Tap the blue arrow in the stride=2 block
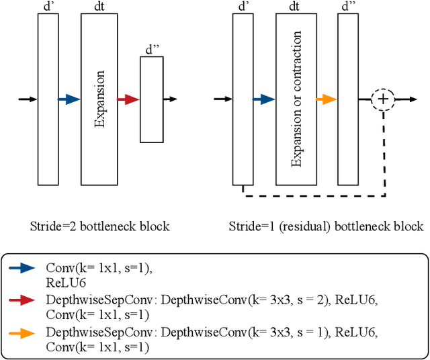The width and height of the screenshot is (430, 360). click(x=69, y=99)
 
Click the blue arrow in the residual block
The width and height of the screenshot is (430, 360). click(x=264, y=99)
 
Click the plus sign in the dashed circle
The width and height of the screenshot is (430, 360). click(x=383, y=99)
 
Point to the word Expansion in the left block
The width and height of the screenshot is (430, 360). click(x=99, y=99)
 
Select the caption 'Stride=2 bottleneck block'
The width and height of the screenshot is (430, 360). click(x=99, y=226)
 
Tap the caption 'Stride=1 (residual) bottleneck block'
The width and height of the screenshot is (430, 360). click(x=326, y=226)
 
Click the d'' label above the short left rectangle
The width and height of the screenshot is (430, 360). click(x=152, y=50)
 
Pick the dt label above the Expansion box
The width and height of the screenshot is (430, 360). click(x=99, y=6)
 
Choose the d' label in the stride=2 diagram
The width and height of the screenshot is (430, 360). click(x=47, y=6)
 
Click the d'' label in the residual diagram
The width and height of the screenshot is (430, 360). click(x=348, y=6)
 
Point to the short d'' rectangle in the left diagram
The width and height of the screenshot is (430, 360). click(x=152, y=99)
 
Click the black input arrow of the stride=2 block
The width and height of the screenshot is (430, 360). click(x=28, y=99)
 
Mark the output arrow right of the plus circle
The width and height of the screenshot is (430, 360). click(x=406, y=99)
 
